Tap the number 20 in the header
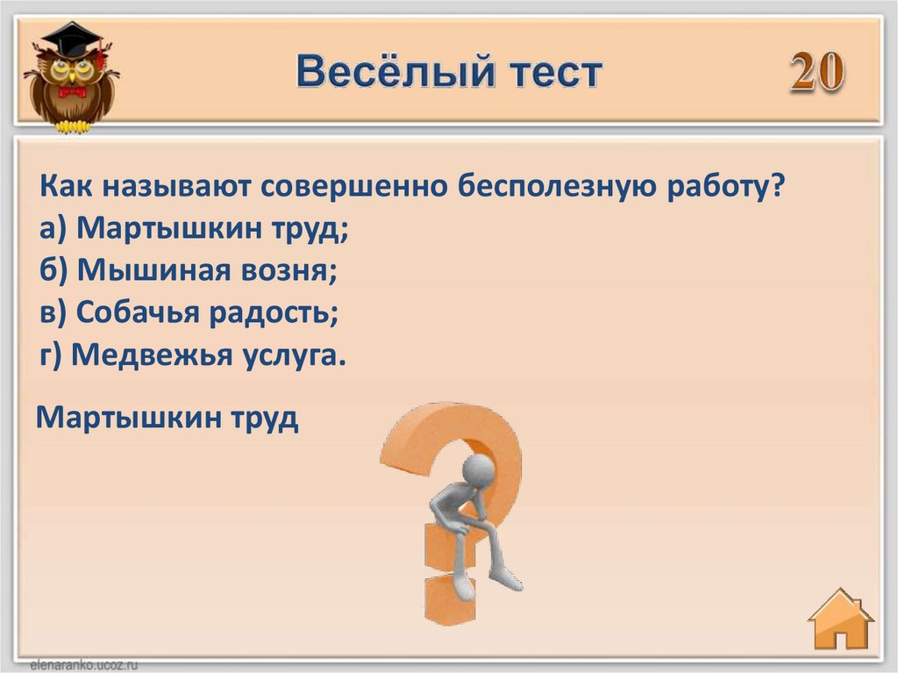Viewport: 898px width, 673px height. (817, 72)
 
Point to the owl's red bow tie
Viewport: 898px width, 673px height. (72, 92)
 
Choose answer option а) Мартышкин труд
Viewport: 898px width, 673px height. (194, 229)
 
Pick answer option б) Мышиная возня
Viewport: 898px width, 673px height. (189, 270)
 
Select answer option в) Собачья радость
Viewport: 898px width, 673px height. (189, 313)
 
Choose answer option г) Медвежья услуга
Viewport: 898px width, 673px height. (193, 355)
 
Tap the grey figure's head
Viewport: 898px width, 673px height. (478, 471)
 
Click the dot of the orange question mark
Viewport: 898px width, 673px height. (451, 599)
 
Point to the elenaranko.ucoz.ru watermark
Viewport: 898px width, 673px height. (84, 665)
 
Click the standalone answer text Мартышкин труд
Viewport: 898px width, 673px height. (167, 418)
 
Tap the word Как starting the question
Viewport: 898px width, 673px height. (66, 186)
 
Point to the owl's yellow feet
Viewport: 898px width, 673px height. (73, 126)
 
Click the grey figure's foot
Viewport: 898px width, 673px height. (506, 580)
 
